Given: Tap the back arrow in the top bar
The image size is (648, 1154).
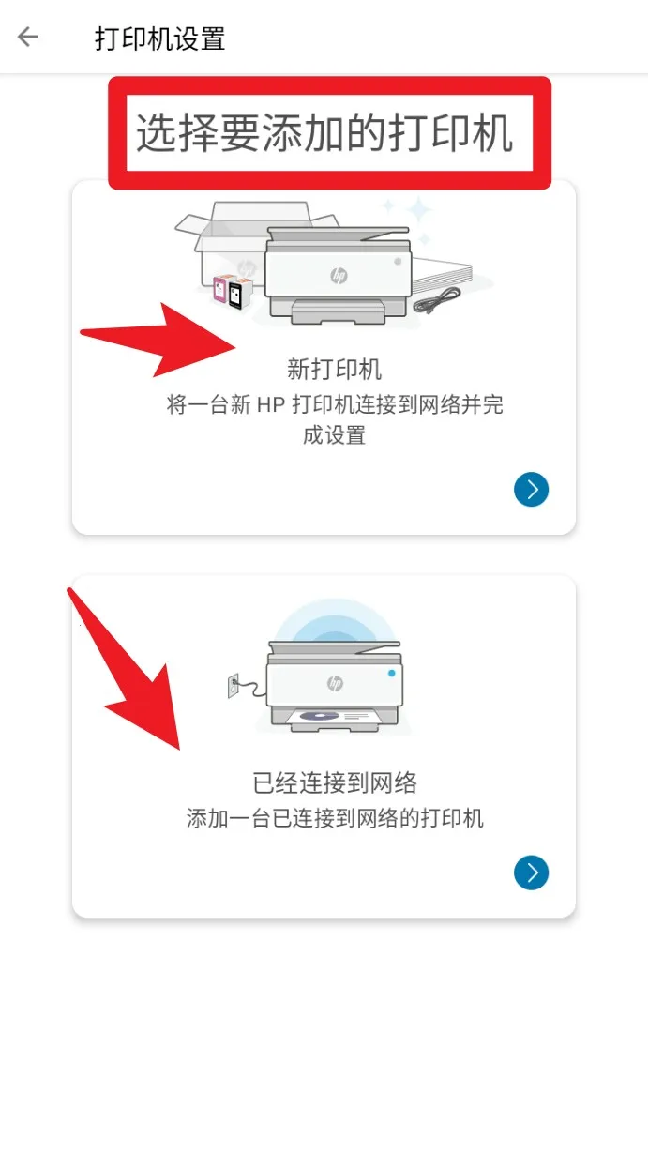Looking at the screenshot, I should [28, 38].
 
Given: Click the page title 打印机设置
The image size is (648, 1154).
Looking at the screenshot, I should [159, 39].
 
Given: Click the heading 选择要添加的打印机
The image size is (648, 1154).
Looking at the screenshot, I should [324, 133].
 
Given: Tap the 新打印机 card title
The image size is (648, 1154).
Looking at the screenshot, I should [334, 369].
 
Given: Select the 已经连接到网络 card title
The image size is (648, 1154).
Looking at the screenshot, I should [335, 782].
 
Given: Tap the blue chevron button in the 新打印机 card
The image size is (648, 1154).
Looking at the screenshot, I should [531, 490].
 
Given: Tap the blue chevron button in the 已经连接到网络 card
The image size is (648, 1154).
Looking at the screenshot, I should [531, 873].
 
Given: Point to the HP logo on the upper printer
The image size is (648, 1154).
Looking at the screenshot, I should [339, 275].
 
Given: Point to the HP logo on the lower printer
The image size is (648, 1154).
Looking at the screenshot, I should [335, 683].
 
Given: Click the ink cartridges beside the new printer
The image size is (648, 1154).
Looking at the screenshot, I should [230, 293].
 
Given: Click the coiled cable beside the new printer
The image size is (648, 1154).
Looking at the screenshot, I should [438, 300].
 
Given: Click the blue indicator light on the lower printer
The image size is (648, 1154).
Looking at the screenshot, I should [391, 673].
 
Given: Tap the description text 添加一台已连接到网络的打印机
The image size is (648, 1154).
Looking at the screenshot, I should [335, 818].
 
